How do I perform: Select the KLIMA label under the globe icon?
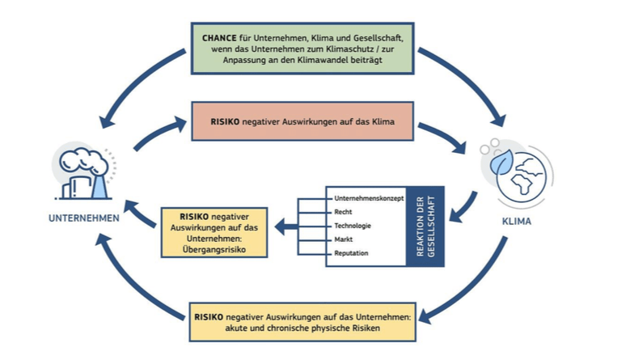click(518, 219)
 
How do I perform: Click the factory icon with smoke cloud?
click(83, 172)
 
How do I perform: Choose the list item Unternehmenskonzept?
click(365, 198)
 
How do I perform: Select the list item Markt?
click(343, 239)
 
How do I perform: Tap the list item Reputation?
click(351, 254)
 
